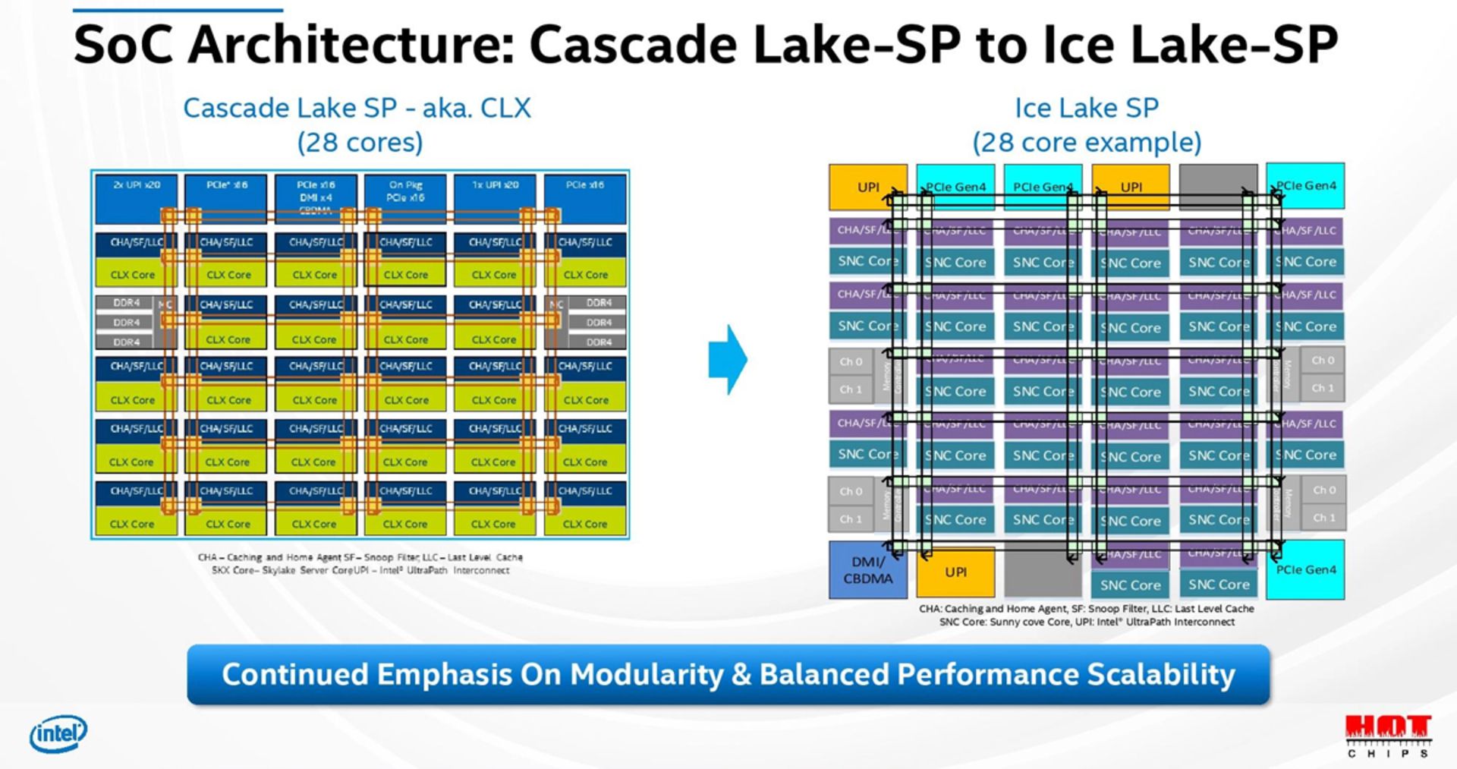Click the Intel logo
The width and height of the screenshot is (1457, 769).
(x=58, y=734)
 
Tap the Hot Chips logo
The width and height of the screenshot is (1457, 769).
(x=1388, y=736)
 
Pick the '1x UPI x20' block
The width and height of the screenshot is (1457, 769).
(x=495, y=198)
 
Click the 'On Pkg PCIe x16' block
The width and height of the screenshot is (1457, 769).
(x=405, y=198)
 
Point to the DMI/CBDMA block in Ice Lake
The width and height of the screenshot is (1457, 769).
(x=867, y=570)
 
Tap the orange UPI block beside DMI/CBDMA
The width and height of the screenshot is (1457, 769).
(x=955, y=572)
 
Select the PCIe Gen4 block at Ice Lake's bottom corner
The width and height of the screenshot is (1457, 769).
(x=1305, y=569)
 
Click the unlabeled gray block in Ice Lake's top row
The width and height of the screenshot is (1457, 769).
(x=1218, y=187)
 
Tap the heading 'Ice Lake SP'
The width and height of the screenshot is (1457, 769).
(x=1087, y=108)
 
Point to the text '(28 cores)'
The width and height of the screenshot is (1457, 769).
(x=360, y=142)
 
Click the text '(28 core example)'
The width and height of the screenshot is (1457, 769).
(x=1087, y=142)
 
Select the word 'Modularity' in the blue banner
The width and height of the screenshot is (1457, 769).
(x=647, y=674)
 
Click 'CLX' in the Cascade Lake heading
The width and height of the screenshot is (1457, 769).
(x=506, y=108)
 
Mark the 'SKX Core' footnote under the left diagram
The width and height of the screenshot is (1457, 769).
(x=236, y=570)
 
